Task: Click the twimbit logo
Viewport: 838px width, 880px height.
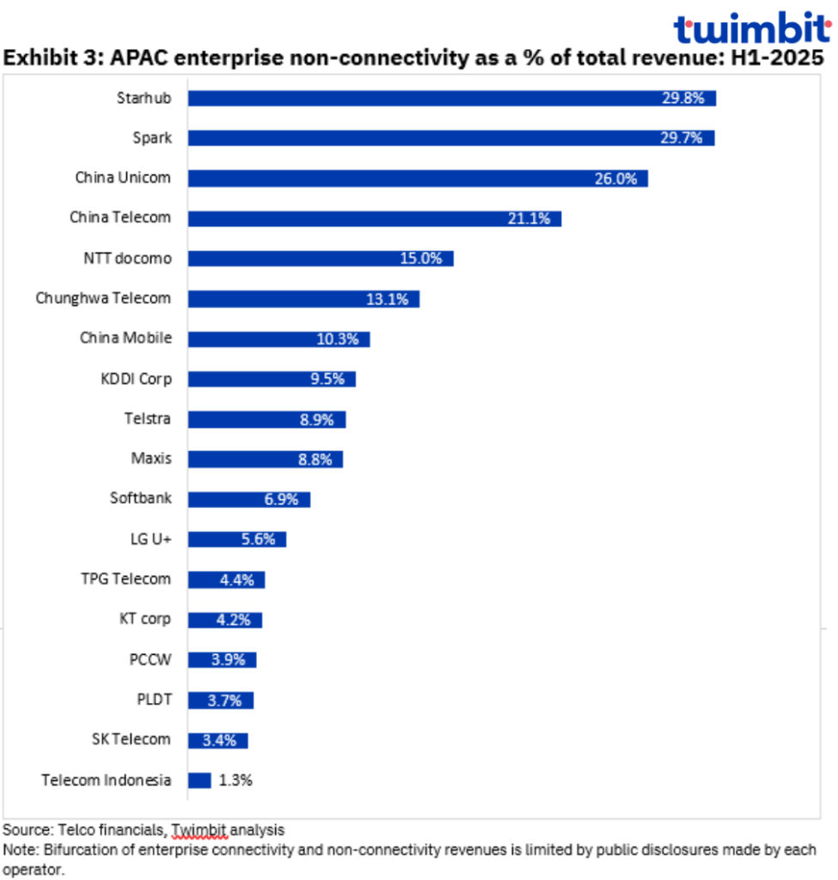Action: click(751, 29)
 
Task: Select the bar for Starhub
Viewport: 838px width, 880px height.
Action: click(451, 98)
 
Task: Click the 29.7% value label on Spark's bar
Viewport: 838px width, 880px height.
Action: click(682, 138)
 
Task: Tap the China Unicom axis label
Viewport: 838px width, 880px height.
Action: click(123, 178)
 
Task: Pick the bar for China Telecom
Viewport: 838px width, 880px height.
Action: click(374, 218)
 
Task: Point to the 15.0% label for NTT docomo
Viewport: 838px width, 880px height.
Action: click(421, 259)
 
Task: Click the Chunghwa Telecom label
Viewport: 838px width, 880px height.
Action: click(103, 298)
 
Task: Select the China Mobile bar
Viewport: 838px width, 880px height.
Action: click(278, 339)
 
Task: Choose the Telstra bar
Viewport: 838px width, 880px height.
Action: click(266, 419)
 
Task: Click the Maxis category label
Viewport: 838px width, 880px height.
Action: click(150, 459)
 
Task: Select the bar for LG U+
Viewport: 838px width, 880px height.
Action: click(236, 540)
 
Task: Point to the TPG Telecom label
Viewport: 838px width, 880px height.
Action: click(125, 579)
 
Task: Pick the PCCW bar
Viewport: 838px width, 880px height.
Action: click(222, 660)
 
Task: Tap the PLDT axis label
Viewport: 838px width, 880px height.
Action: click(154, 700)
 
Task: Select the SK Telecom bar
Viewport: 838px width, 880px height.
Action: click(217, 740)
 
